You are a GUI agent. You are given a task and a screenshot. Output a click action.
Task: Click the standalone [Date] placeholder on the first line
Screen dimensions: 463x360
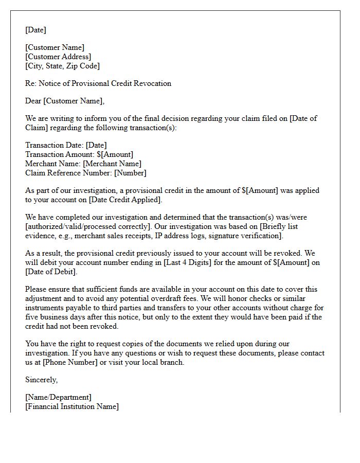click(x=35, y=30)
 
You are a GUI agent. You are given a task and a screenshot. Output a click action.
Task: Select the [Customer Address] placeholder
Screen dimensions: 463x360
click(x=58, y=57)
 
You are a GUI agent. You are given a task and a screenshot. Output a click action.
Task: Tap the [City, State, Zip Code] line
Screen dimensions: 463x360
click(x=63, y=66)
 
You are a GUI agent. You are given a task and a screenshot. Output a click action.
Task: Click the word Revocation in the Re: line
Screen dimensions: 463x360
click(x=152, y=83)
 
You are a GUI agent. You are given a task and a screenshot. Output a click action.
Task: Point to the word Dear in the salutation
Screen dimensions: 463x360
click(x=33, y=101)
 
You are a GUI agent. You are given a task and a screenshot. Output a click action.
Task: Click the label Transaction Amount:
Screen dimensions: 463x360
click(x=60, y=154)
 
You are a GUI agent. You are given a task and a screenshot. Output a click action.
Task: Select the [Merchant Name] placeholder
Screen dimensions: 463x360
click(x=112, y=164)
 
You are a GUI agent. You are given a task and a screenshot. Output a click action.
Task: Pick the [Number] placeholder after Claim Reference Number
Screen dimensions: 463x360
click(x=130, y=173)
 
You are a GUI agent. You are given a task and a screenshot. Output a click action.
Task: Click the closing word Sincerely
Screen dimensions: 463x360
click(x=41, y=380)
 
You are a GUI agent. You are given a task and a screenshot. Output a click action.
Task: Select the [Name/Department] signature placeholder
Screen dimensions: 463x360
click(x=58, y=397)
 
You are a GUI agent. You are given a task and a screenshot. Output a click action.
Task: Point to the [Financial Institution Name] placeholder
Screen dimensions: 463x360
click(x=72, y=406)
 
